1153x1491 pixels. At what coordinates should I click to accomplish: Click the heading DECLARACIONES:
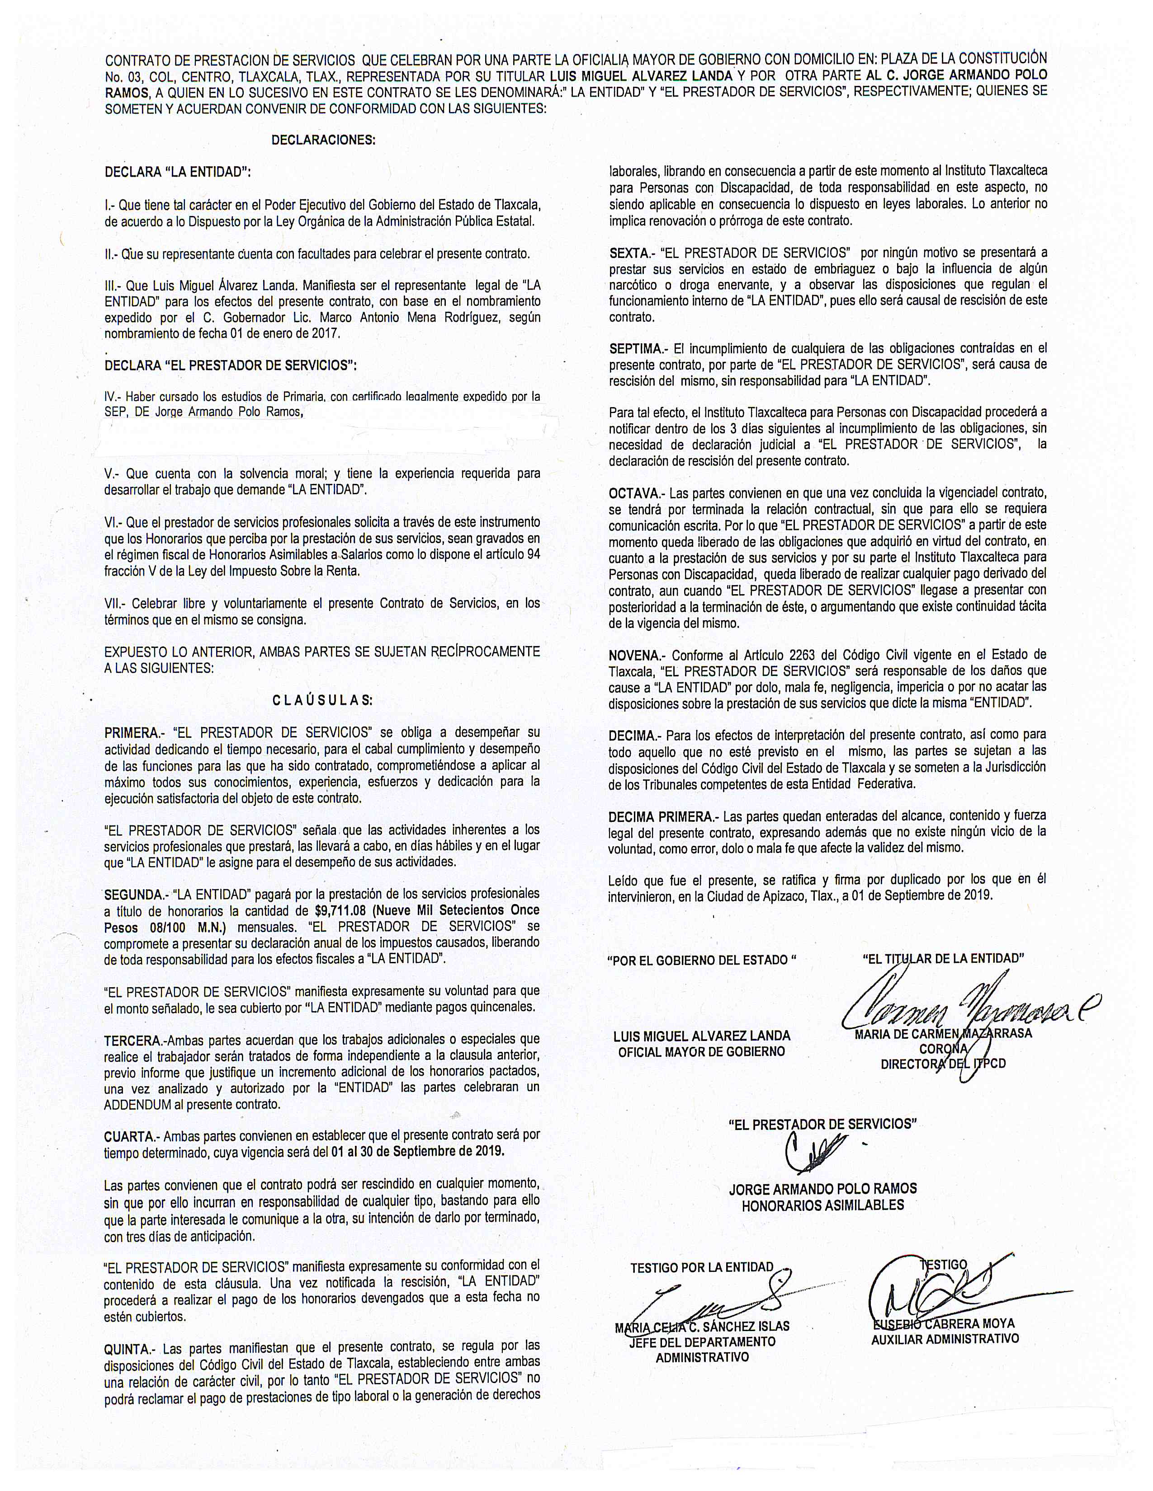click(323, 140)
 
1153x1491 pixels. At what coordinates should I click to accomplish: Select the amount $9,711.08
click(341, 911)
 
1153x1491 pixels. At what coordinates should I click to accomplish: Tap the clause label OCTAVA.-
click(636, 493)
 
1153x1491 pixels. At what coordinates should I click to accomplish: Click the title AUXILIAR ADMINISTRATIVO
click(945, 1340)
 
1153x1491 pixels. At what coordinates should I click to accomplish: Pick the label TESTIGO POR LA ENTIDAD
click(701, 1268)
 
